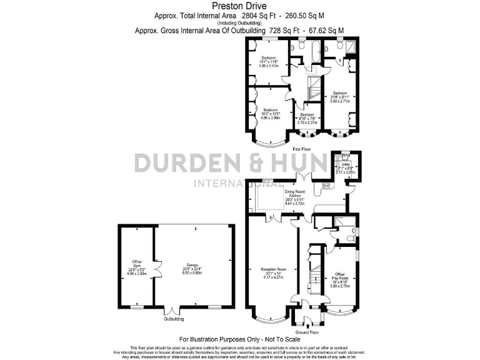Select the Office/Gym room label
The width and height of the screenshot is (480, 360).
coord(137,267)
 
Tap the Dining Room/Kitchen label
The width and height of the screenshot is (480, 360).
coord(294,197)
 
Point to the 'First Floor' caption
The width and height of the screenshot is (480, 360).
coord(301,150)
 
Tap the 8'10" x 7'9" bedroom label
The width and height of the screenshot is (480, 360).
coord(307,118)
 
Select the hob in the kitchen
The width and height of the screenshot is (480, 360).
coord(326,186)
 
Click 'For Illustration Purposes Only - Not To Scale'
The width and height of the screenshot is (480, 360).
coord(239,338)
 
